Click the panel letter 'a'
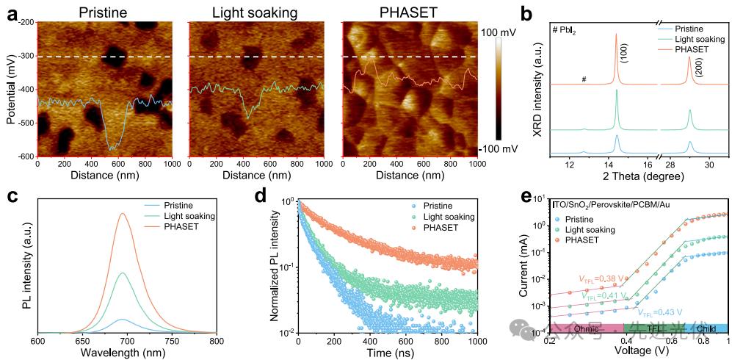coord(11,15)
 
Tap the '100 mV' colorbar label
coord(503,32)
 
